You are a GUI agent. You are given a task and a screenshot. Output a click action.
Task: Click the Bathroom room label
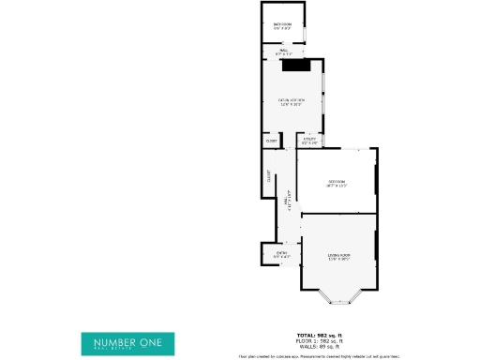coord(282,23)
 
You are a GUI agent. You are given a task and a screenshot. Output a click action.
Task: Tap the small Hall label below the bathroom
coord(283,51)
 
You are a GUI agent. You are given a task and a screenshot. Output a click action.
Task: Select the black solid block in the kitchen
coord(296,66)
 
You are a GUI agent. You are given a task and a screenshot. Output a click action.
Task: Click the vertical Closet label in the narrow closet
coord(269,174)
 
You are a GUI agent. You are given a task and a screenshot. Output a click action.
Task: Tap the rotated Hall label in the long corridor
coord(286,201)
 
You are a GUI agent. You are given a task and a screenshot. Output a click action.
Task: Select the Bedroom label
coord(337,181)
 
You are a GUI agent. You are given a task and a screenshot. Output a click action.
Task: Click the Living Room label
coord(338,255)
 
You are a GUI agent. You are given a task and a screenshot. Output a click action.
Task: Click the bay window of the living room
coord(338,298)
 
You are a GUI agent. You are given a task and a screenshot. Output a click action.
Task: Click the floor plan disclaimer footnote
coord(319,355)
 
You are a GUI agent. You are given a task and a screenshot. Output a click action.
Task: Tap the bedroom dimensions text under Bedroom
coord(337,186)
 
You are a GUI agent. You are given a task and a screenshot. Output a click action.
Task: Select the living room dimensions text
coord(338,260)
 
